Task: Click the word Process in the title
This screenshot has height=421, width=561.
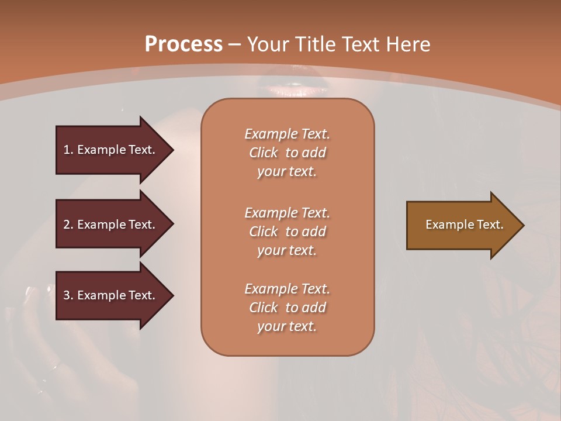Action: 183,44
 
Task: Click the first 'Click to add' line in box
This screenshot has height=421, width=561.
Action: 288,153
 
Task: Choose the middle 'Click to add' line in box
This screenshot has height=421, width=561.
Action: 288,232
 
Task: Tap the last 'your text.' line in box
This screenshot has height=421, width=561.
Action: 287,326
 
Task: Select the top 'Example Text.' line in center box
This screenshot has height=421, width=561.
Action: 288,134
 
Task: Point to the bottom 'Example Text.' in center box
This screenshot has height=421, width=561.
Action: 288,289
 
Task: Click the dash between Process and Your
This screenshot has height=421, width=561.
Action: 235,44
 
